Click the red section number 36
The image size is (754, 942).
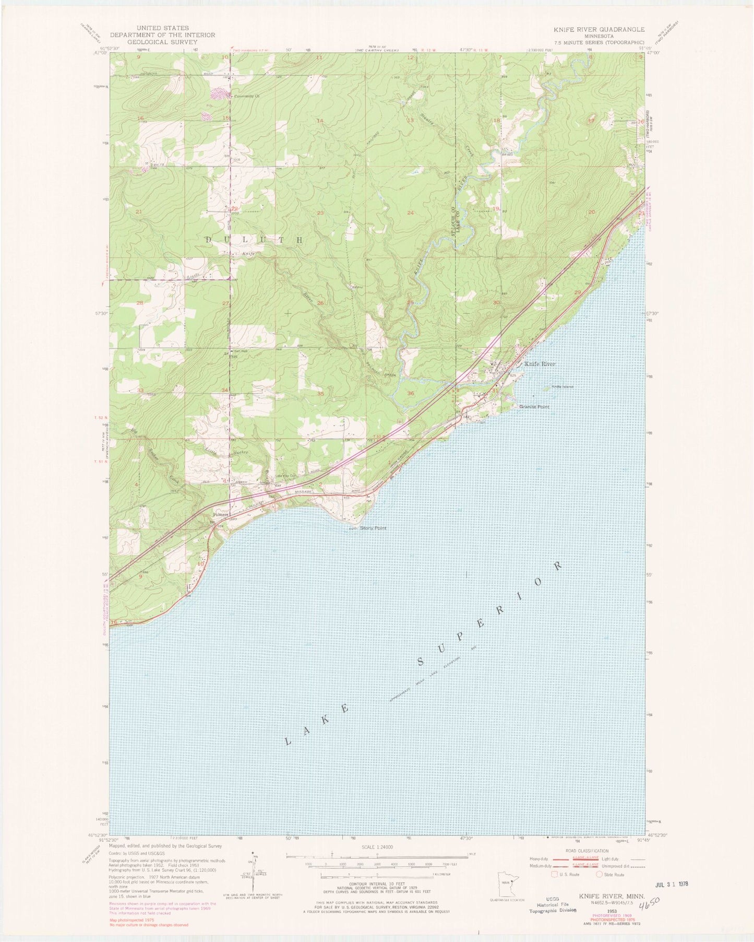coord(411,394)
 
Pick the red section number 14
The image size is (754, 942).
coord(320,121)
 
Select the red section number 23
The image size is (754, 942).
coord(320,213)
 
